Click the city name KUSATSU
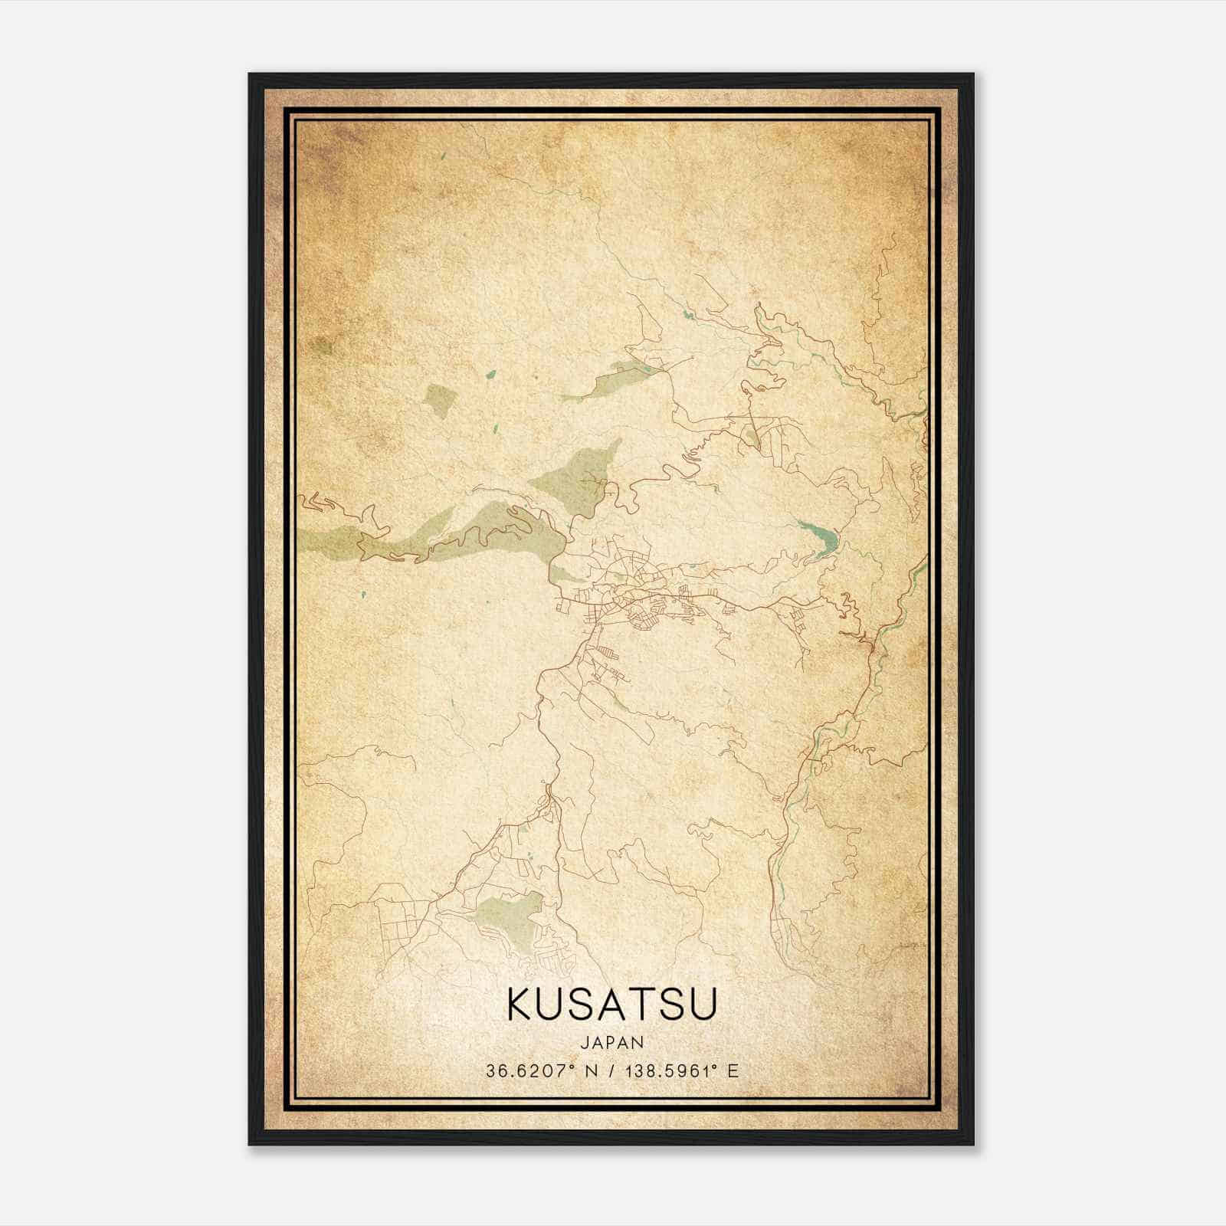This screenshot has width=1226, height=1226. tap(611, 1005)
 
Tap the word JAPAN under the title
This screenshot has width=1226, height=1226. tap(611, 1042)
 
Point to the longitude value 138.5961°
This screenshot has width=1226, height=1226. tap(674, 1071)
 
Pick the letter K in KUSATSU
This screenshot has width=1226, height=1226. tap(519, 1005)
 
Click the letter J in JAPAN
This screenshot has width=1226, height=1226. tap(584, 1042)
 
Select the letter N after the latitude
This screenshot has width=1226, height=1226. tap(591, 1071)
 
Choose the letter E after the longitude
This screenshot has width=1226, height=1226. tap(733, 1071)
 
